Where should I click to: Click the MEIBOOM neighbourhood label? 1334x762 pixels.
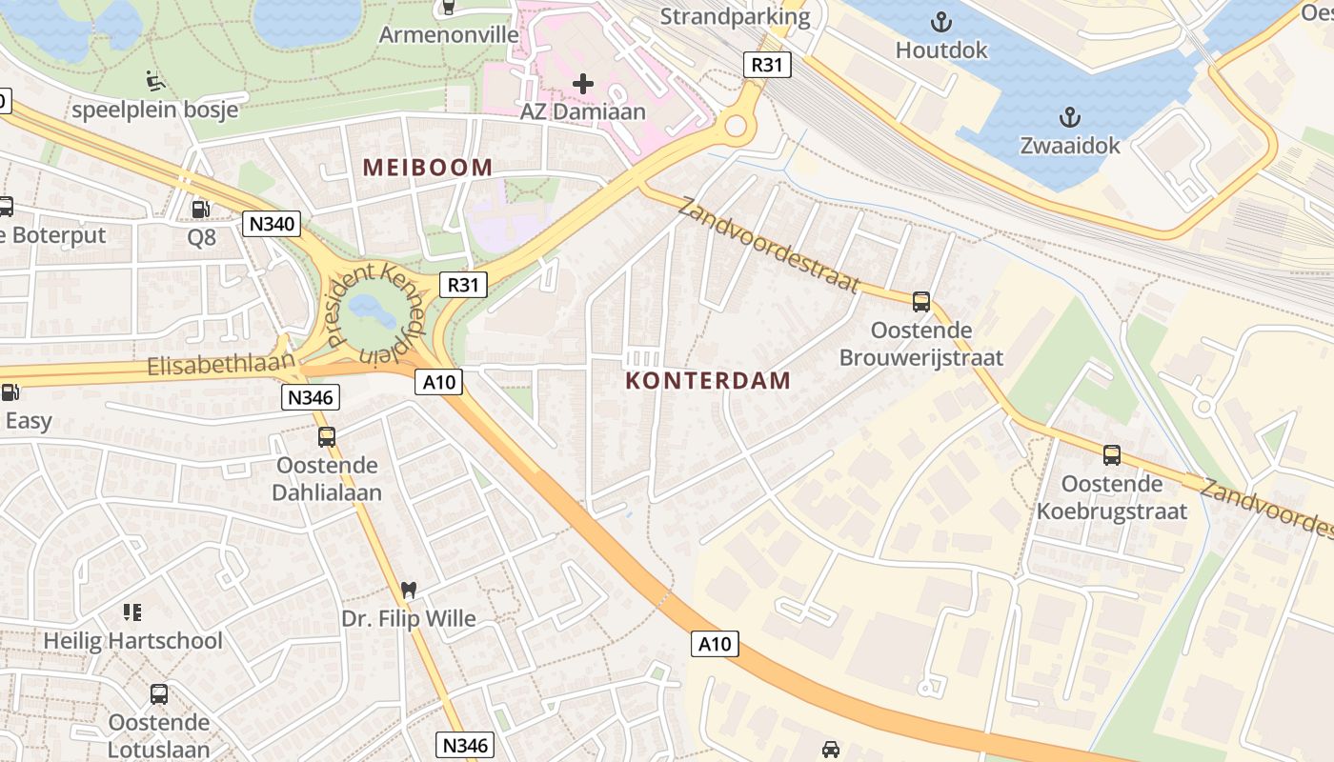[428, 168]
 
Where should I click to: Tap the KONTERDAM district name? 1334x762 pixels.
[708, 381]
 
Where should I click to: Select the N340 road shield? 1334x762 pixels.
[272, 224]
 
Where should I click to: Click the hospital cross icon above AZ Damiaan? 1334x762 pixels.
[582, 84]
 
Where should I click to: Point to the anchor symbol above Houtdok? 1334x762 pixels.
[941, 21]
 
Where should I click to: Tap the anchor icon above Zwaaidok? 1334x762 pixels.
[1069, 117]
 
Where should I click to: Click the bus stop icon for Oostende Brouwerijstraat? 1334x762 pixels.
[920, 302]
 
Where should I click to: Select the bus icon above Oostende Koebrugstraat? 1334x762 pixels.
[1111, 455]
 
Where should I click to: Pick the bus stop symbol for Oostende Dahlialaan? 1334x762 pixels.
[326, 437]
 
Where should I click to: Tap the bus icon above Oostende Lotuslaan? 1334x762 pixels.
[158, 694]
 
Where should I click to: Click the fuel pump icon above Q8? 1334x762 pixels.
[200, 209]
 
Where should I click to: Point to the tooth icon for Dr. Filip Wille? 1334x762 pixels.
[409, 591]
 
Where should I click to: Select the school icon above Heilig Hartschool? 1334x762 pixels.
[132, 612]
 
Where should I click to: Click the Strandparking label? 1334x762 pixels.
[735, 16]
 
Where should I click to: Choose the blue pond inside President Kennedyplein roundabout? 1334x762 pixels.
[365, 307]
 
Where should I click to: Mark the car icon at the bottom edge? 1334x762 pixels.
[831, 750]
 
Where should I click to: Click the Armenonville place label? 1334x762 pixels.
[449, 35]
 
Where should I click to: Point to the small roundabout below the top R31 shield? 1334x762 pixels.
[735, 126]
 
